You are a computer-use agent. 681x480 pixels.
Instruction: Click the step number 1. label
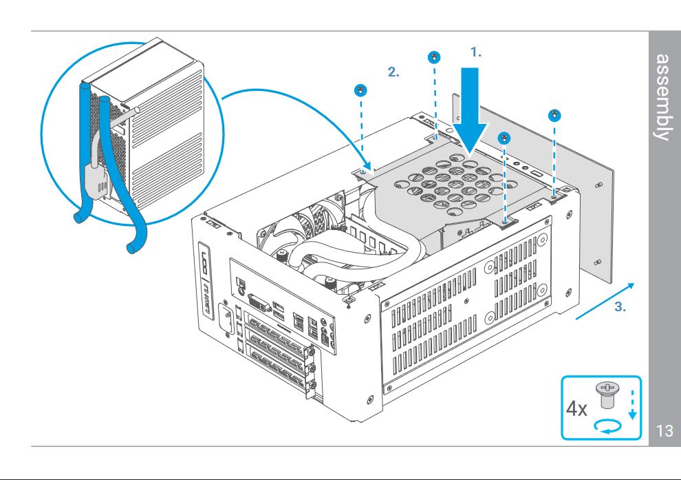(x=476, y=52)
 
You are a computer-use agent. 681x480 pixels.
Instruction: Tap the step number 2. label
(x=393, y=72)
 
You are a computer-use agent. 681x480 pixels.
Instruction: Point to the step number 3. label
(x=620, y=307)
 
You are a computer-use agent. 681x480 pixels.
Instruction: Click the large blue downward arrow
(x=470, y=112)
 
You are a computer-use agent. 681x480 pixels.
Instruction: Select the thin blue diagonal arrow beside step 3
(x=605, y=301)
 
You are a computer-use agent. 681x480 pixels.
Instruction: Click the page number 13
(x=664, y=430)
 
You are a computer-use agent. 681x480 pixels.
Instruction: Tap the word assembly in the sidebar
(x=662, y=97)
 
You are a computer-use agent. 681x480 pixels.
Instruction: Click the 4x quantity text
(x=576, y=409)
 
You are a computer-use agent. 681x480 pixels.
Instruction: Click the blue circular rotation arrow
(x=608, y=426)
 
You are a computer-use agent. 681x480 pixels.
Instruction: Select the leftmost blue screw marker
(x=360, y=90)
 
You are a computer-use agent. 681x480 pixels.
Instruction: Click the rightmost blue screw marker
(x=554, y=115)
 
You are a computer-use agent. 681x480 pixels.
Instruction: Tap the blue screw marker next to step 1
(x=434, y=57)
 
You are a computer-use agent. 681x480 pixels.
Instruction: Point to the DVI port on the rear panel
(x=260, y=301)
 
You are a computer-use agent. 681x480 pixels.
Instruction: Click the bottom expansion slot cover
(x=279, y=364)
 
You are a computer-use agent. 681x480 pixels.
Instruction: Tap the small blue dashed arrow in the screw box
(x=632, y=405)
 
